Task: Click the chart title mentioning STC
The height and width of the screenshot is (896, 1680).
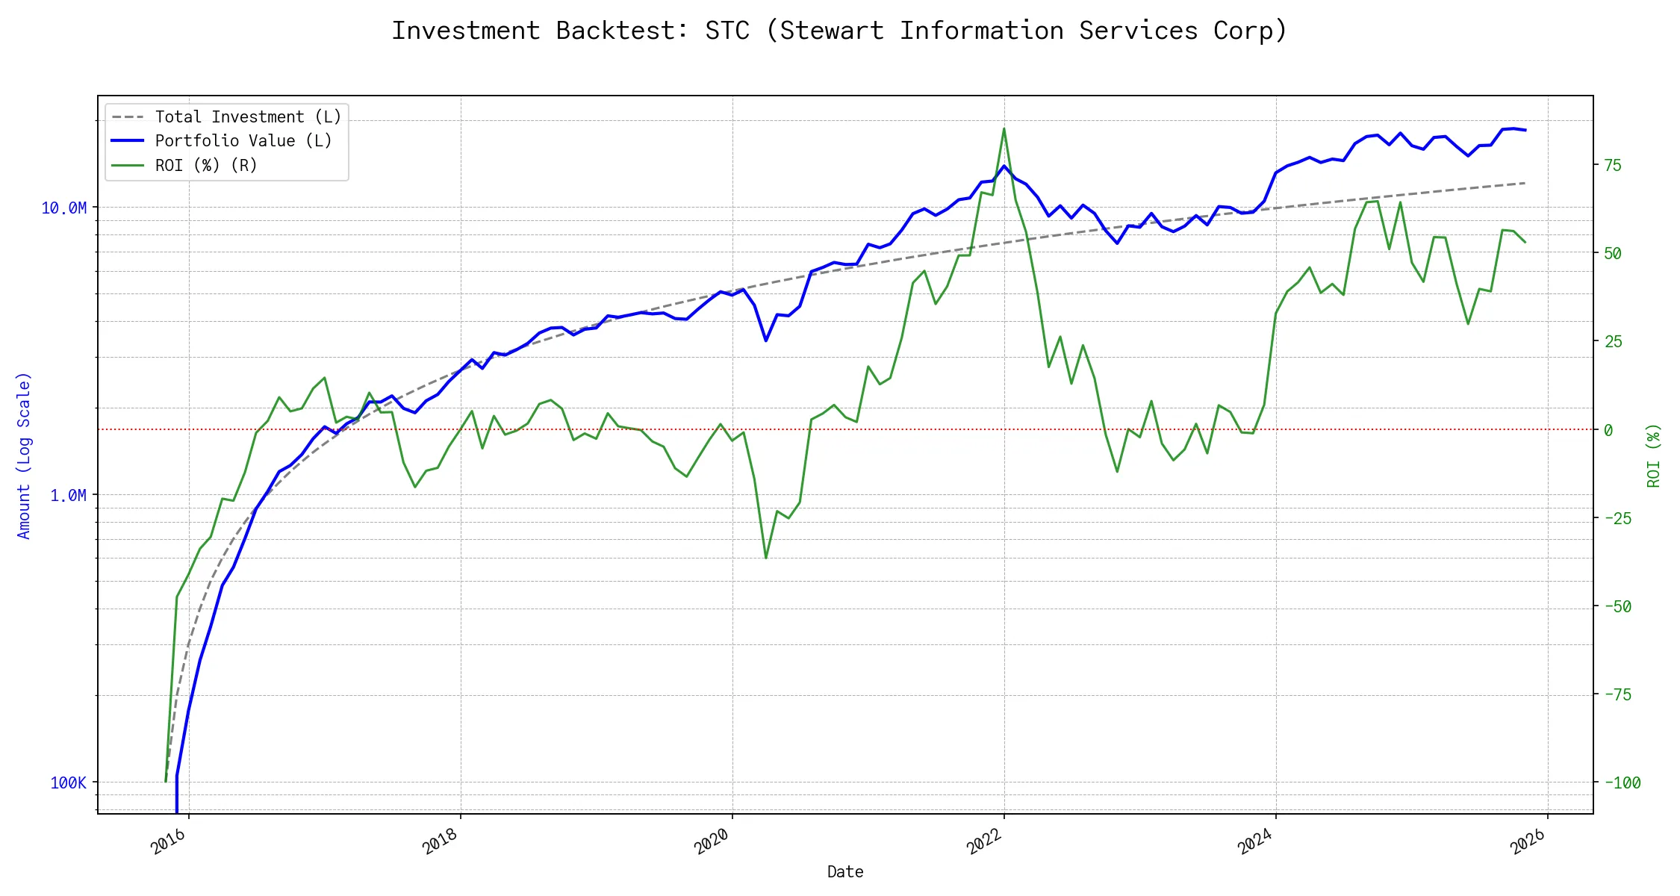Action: (x=839, y=31)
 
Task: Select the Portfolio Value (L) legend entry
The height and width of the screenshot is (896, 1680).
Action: (x=243, y=141)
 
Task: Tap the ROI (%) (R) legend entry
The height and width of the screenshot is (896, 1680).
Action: (x=206, y=166)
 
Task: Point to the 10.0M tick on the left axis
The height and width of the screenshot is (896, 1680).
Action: (x=64, y=208)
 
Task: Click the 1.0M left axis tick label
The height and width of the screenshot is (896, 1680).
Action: (x=68, y=495)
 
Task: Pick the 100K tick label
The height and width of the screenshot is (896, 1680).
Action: (x=68, y=783)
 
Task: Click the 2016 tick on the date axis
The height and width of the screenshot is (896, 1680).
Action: (x=169, y=841)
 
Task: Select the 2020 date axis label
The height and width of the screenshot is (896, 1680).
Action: (x=712, y=841)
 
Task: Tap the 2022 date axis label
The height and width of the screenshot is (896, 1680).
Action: (x=984, y=841)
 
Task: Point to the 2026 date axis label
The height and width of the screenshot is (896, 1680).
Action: (x=1528, y=841)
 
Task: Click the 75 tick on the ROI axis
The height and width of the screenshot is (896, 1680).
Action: (x=1613, y=165)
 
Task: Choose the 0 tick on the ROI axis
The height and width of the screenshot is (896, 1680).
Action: (x=1608, y=430)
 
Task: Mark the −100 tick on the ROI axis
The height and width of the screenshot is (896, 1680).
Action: (x=1622, y=783)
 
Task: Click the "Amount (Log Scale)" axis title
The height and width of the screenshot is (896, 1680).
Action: (x=24, y=455)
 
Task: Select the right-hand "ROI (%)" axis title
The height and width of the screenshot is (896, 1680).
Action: (x=1654, y=455)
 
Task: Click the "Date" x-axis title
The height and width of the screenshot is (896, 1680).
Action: (x=845, y=871)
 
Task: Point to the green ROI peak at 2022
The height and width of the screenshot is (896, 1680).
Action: (x=1004, y=128)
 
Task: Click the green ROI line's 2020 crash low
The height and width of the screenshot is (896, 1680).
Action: (x=766, y=558)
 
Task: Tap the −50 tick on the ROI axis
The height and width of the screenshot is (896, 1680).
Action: (x=1617, y=606)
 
